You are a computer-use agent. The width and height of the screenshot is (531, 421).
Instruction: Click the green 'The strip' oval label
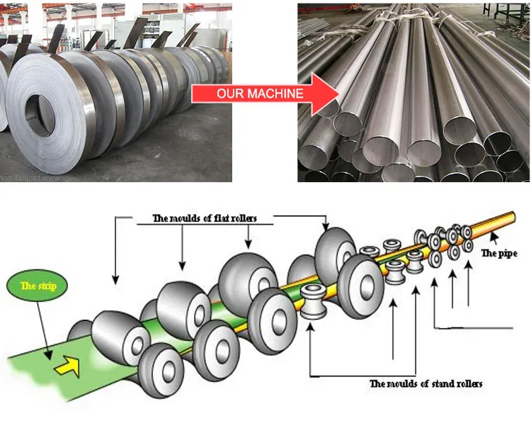38,286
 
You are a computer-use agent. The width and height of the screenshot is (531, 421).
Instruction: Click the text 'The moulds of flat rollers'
205,218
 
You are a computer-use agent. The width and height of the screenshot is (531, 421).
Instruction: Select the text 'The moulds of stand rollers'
426,383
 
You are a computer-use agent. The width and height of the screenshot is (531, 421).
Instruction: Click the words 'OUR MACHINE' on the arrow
260,94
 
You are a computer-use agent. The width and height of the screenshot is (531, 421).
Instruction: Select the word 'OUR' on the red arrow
229,94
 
